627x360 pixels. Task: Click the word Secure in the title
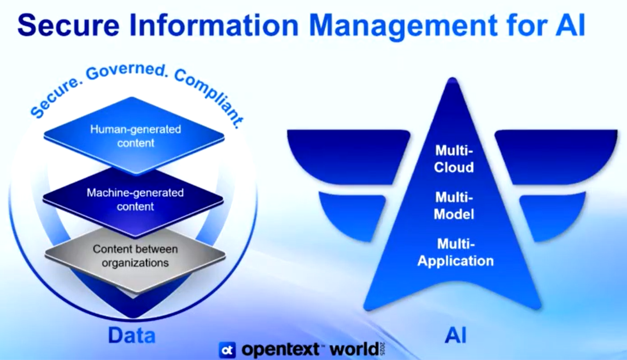click(x=68, y=25)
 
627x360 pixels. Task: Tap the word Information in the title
click(x=214, y=25)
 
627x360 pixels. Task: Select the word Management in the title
click(x=403, y=27)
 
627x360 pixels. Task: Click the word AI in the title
click(x=570, y=25)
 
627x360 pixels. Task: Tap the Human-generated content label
click(x=135, y=136)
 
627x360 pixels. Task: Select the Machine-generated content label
click(x=135, y=199)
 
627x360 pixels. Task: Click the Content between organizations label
click(x=135, y=256)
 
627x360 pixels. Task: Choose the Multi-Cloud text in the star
click(x=454, y=159)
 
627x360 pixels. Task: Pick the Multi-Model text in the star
click(x=454, y=206)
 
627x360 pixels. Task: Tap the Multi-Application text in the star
click(x=455, y=253)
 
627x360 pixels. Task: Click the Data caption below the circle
click(x=131, y=335)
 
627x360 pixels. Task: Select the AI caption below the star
click(x=455, y=335)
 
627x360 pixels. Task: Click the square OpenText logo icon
click(x=227, y=349)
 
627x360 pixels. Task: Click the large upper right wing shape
click(x=557, y=154)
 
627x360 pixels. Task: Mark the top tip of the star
click(x=452, y=78)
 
